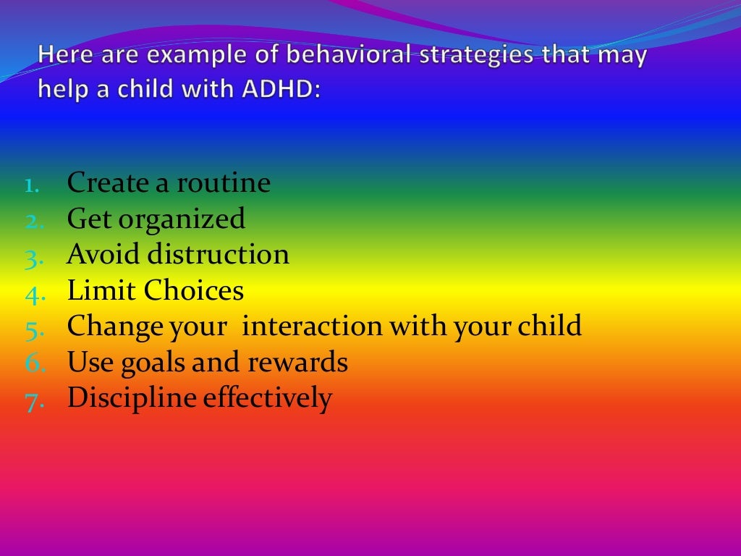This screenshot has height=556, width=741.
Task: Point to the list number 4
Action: [34, 293]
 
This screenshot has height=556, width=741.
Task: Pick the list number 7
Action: [34, 400]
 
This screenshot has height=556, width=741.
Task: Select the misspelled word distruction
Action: [219, 255]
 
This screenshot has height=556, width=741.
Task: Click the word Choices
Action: [193, 291]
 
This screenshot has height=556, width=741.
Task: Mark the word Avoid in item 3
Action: [103, 255]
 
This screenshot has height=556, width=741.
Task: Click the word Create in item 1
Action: [107, 183]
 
